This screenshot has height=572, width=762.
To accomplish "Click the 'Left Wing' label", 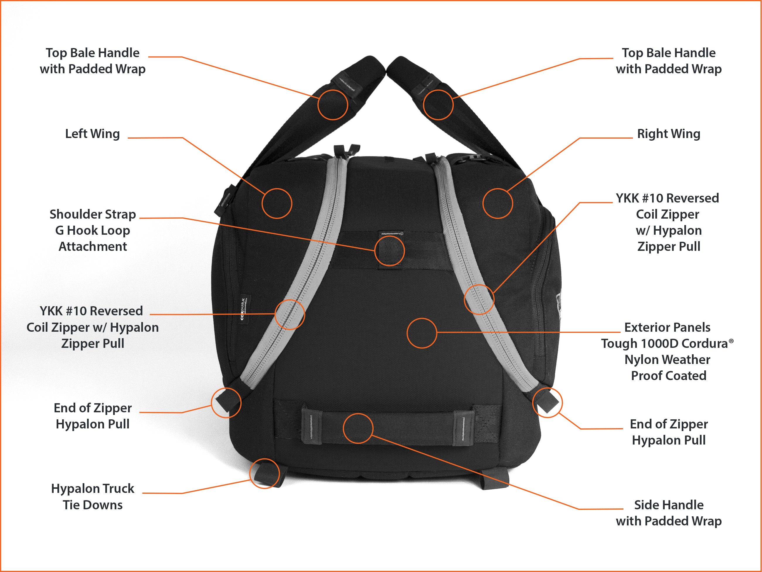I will click(92, 134).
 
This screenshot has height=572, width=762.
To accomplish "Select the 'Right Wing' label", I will click(668, 134).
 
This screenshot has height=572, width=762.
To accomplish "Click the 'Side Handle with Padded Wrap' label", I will click(668, 513).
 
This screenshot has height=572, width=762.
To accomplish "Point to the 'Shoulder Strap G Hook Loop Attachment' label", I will click(92, 230).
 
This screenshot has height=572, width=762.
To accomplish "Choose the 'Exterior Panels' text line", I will click(667, 327).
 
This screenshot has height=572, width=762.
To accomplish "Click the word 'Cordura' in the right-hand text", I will click(705, 343).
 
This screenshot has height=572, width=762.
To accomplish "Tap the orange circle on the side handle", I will click(358, 428).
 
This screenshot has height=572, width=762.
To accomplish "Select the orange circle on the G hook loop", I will click(389, 251).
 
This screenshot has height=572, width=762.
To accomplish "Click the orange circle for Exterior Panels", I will click(422, 333).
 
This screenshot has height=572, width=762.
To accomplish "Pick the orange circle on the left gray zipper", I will click(290, 314).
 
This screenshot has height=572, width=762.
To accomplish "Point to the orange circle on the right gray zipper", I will click(479, 299).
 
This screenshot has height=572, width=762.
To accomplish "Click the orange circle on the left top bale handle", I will click(332, 105).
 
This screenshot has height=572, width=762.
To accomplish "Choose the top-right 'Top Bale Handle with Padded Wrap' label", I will click(668, 61).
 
